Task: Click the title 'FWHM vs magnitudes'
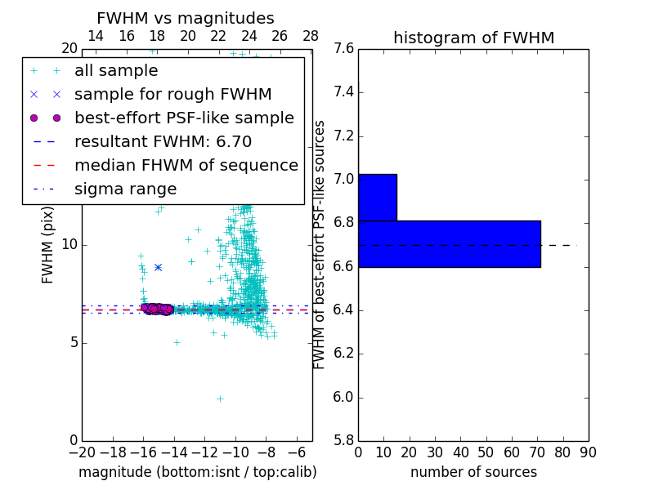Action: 186,19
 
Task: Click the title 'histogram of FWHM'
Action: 473,38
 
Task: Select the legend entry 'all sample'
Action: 116,71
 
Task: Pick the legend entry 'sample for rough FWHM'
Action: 172,94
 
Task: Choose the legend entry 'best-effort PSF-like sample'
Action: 184,118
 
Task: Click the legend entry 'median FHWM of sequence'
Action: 186,165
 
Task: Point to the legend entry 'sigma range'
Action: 125,189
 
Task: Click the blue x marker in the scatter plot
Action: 158,267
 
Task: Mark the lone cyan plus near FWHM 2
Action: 220,399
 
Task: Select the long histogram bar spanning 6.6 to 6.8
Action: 449,243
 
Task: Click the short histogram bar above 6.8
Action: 377,197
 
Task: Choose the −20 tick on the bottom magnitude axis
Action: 82,452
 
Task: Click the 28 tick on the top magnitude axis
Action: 311,36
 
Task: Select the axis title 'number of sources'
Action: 473,472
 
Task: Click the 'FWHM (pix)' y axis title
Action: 48,246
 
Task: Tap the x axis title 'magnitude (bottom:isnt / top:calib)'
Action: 197,472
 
